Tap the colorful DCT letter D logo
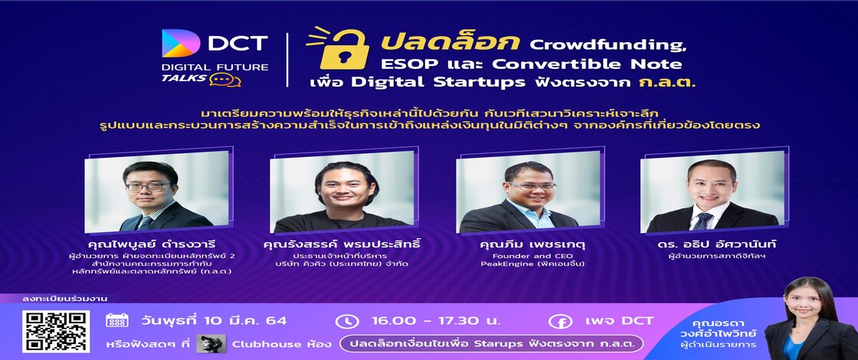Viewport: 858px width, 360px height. tap(181, 43)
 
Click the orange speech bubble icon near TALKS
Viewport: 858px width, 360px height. tap(225, 80)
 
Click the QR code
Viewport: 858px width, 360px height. tap(56, 331)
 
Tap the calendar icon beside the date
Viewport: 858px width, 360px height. tap(116, 320)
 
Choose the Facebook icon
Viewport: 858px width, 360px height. tap(561, 321)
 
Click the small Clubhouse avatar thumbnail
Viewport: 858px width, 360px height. tap(211, 344)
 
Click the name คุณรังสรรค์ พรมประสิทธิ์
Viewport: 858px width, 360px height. tap(342, 244)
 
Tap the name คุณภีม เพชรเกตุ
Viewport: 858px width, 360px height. tap(522, 244)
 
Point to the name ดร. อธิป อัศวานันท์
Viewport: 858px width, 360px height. tap(717, 244)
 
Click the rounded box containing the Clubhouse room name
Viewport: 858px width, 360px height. tap(491, 344)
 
